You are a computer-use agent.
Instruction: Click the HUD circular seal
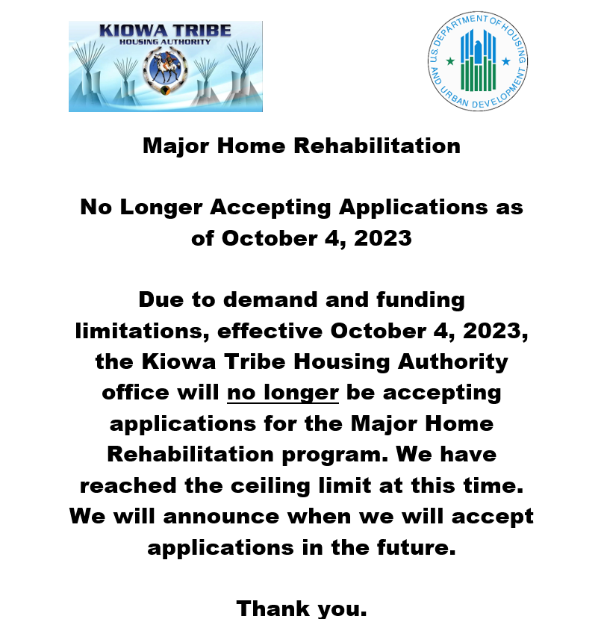[x=479, y=61]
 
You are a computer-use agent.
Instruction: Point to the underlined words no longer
[x=283, y=393]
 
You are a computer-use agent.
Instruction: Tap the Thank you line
[x=302, y=608]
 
